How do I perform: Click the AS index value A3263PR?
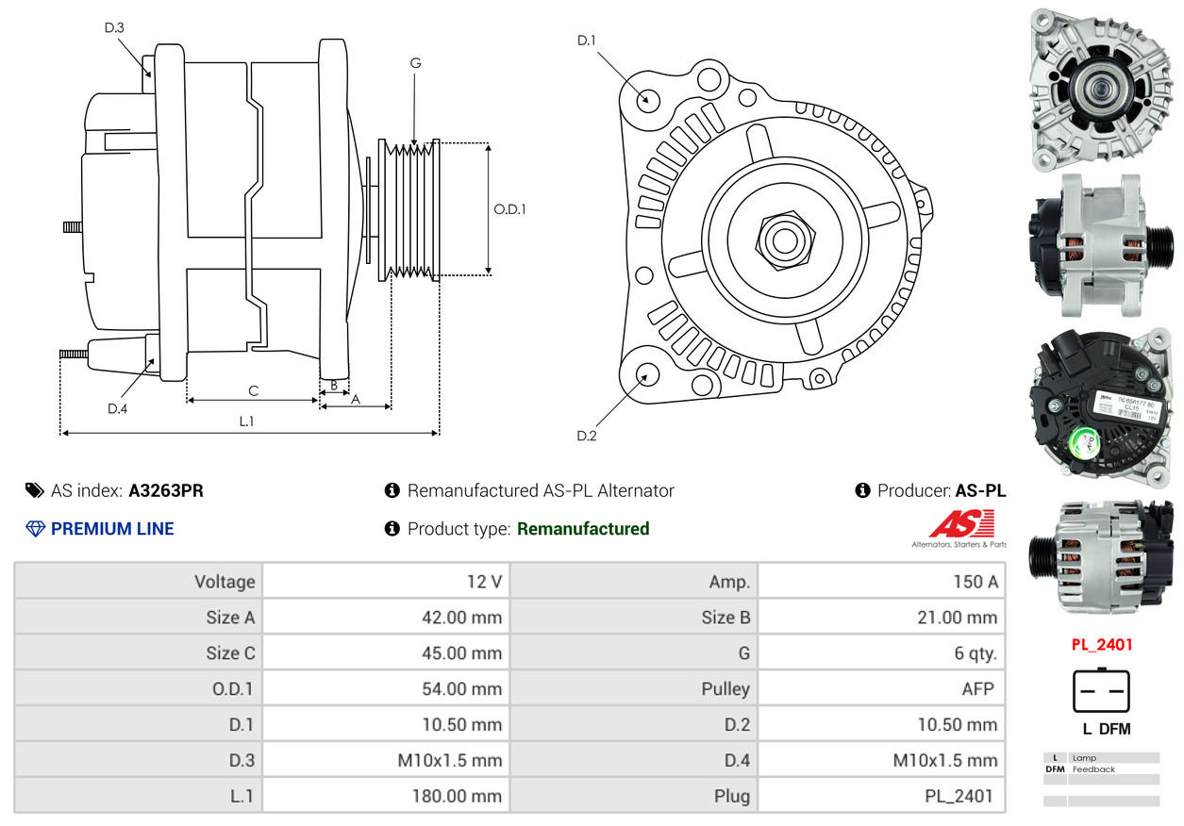pyautogui.click(x=166, y=490)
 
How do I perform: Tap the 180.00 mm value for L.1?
pyautogui.click(x=457, y=796)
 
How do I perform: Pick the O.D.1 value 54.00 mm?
pyautogui.click(x=461, y=688)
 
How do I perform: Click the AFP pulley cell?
pyautogui.click(x=977, y=688)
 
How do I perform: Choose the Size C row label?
pyautogui.click(x=230, y=653)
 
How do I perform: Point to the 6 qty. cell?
pyautogui.click(x=975, y=653)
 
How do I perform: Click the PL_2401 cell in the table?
pyautogui.click(x=959, y=796)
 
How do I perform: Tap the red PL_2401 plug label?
pyautogui.click(x=1101, y=645)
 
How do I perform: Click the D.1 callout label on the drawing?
pyautogui.click(x=587, y=41)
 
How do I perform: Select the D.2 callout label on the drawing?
pyautogui.click(x=587, y=436)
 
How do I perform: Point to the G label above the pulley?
pyautogui.click(x=415, y=63)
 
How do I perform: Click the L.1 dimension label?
pyautogui.click(x=246, y=421)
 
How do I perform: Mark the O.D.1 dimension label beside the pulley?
pyautogui.click(x=509, y=209)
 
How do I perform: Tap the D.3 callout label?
pyautogui.click(x=114, y=27)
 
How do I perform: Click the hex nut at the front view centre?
pyautogui.click(x=783, y=240)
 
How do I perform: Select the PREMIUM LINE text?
pyautogui.click(x=112, y=529)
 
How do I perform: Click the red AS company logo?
pyautogui.click(x=961, y=524)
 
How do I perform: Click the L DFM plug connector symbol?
pyautogui.click(x=1100, y=691)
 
